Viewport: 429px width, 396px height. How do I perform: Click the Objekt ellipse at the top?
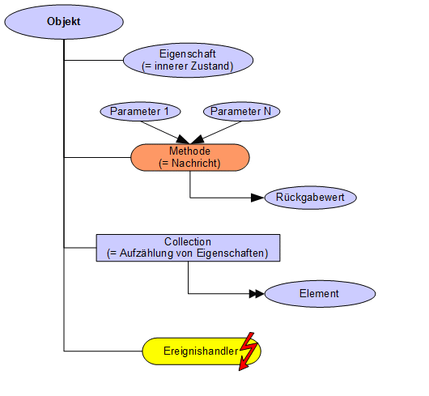coord(64,22)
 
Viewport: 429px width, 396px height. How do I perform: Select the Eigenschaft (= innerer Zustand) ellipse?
coord(188,60)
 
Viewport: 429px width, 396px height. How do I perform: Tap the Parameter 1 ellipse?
coord(140,112)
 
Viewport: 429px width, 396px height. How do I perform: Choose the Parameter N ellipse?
coord(241,112)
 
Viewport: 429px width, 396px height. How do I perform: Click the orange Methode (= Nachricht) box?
coord(190,157)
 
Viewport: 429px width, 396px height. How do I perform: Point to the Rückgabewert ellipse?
coord(310,198)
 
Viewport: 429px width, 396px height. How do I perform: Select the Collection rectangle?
coord(188,248)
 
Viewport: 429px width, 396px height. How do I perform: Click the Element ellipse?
coord(320,294)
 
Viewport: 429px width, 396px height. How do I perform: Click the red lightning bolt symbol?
coord(248,351)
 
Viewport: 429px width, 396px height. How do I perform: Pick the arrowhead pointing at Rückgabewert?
coord(257,198)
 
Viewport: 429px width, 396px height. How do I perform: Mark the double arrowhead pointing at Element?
coord(257,294)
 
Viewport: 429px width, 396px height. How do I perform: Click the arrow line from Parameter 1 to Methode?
coord(165,133)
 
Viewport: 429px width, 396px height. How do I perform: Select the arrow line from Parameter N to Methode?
coord(215,133)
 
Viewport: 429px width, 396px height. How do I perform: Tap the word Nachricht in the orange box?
coord(194,164)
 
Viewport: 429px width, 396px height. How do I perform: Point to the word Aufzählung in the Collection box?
coord(147,253)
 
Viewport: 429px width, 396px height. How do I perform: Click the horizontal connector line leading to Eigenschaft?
coord(94,60)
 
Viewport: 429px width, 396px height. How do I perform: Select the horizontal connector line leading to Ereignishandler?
coord(103,351)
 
